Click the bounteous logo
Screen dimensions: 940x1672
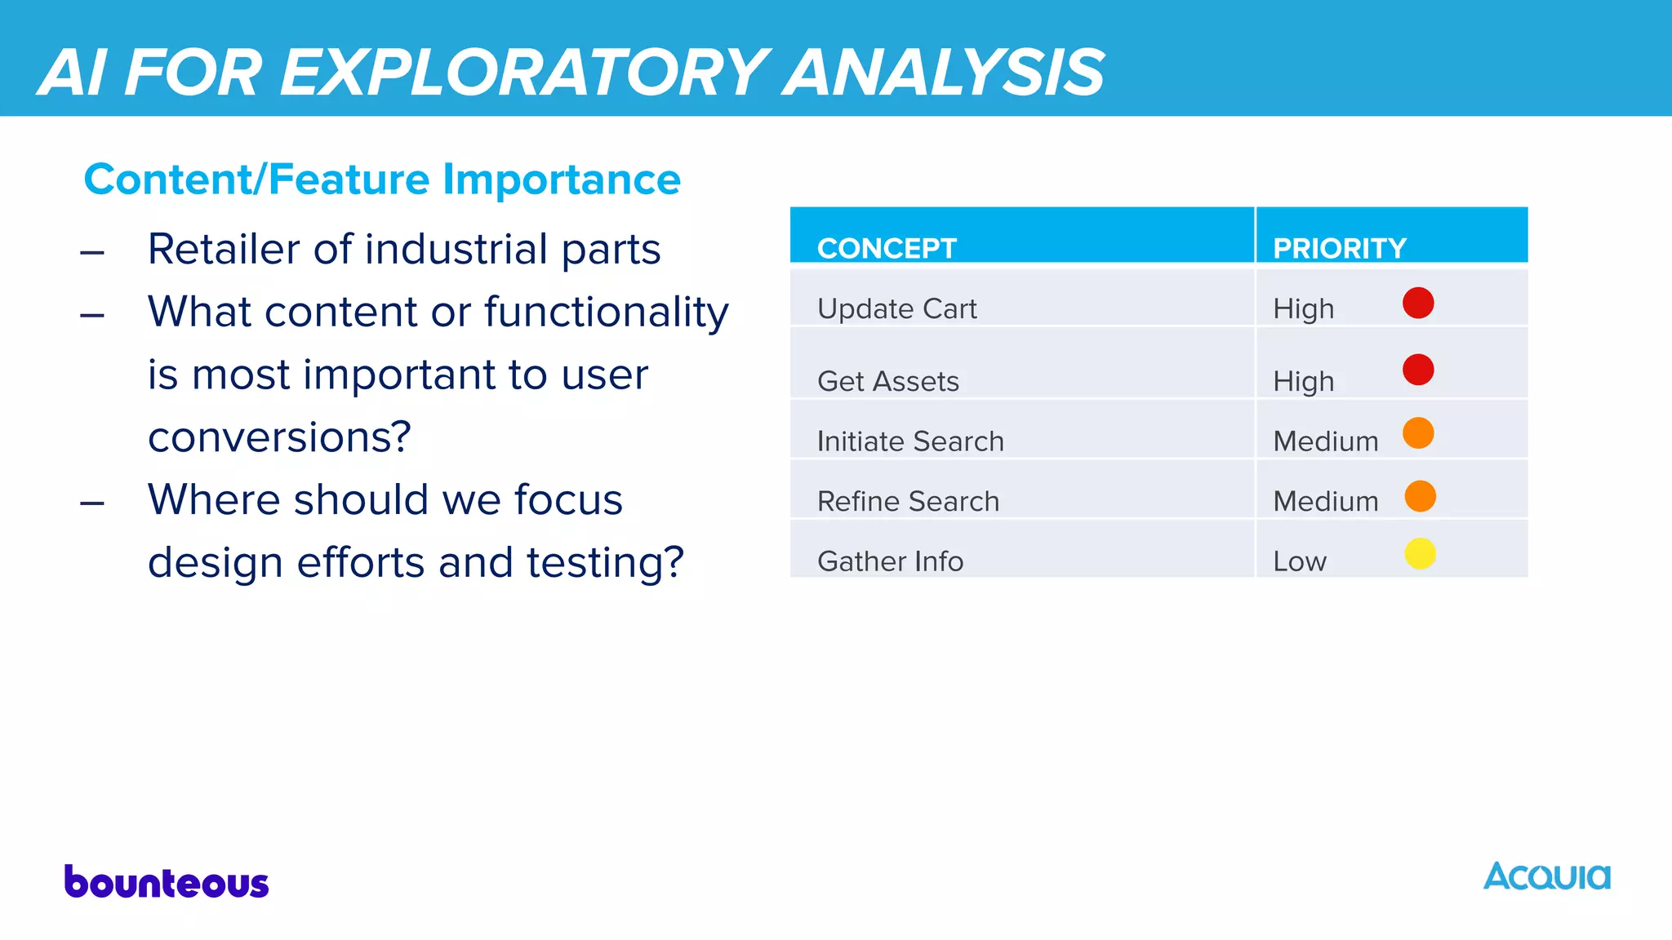click(167, 882)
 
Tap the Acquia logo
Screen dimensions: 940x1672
click(1546, 876)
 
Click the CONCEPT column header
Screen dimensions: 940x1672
click(887, 248)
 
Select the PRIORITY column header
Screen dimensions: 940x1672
click(1339, 248)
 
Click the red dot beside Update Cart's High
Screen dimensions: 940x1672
click(1418, 303)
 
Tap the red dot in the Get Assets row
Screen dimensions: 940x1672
click(1418, 370)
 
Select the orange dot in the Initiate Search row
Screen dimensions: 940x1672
click(1418, 433)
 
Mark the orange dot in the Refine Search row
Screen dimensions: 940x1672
click(1420, 496)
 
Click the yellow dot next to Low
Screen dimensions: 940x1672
click(1420, 554)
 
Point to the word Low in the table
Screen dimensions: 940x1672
click(1300, 561)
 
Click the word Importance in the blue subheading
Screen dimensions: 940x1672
click(561, 180)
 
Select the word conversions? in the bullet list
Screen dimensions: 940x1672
click(279, 437)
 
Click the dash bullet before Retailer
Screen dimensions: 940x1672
click(92, 253)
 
